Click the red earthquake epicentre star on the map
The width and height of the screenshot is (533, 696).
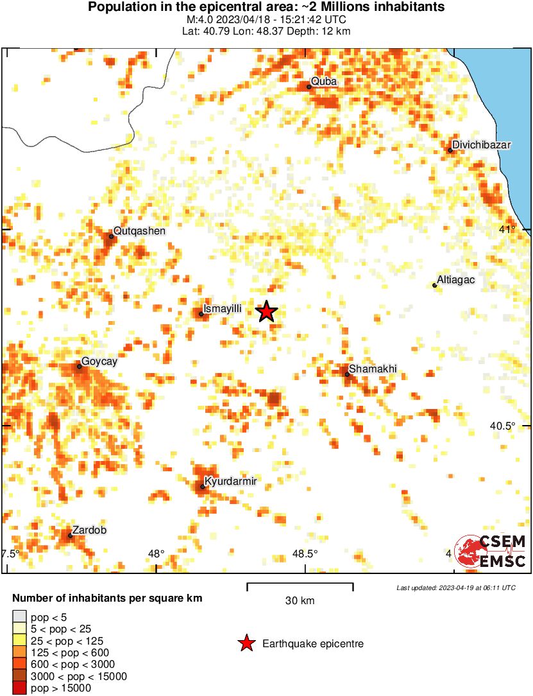pyautogui.click(x=267, y=311)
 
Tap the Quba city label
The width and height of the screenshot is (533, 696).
pyautogui.click(x=323, y=82)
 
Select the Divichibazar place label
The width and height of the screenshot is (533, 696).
pyautogui.click(x=481, y=145)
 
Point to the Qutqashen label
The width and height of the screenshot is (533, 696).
pyautogui.click(x=139, y=231)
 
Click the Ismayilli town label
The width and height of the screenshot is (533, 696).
pyautogui.click(x=222, y=309)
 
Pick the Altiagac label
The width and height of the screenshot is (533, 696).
pyautogui.click(x=455, y=280)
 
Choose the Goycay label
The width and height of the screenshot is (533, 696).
pyautogui.click(x=99, y=361)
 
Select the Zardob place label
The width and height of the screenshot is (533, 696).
pyautogui.click(x=89, y=530)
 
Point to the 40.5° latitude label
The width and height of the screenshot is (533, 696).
pyautogui.click(x=503, y=426)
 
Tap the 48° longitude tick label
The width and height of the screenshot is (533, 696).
pyautogui.click(x=156, y=553)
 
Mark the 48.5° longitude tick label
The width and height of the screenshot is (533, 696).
pyautogui.click(x=305, y=553)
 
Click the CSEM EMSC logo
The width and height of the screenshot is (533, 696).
pyautogui.click(x=490, y=552)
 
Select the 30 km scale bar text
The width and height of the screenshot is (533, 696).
pyautogui.click(x=300, y=601)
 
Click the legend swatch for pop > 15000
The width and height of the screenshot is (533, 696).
pyautogui.click(x=19, y=688)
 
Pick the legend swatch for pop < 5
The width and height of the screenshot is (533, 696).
pyautogui.click(x=19, y=618)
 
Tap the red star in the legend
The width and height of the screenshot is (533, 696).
pyautogui.click(x=246, y=643)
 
